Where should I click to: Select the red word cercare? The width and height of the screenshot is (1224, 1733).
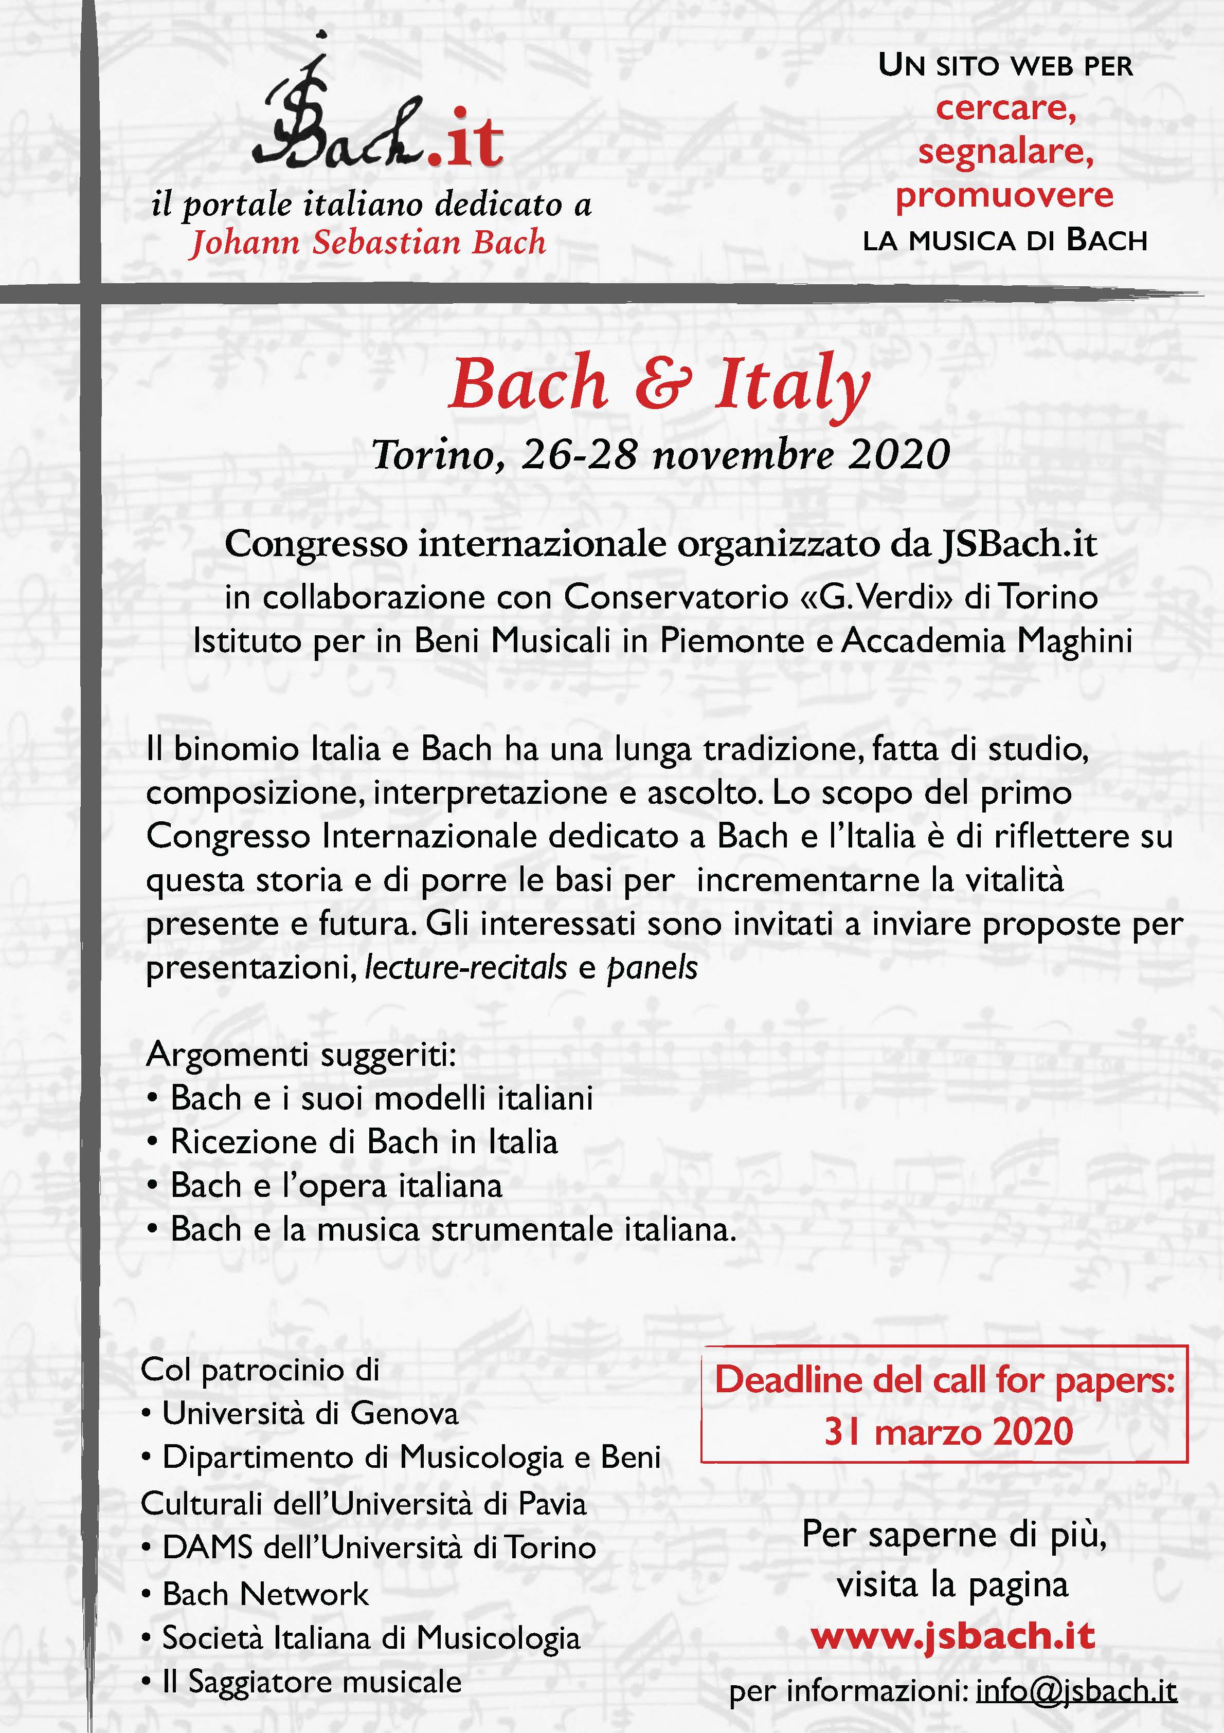[x=1005, y=108]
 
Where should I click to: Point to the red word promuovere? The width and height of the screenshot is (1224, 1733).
[x=1004, y=195]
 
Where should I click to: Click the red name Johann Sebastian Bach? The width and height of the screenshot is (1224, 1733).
[x=368, y=242]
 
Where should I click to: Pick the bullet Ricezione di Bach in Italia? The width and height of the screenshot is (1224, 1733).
[x=364, y=1142]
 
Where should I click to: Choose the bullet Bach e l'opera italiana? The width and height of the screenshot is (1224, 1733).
[x=336, y=1186]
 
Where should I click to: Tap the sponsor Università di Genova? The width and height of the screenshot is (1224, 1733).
[x=310, y=1414]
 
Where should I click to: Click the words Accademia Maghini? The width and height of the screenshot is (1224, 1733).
[x=987, y=641]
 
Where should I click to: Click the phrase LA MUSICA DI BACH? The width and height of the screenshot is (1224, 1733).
[x=1005, y=241]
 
